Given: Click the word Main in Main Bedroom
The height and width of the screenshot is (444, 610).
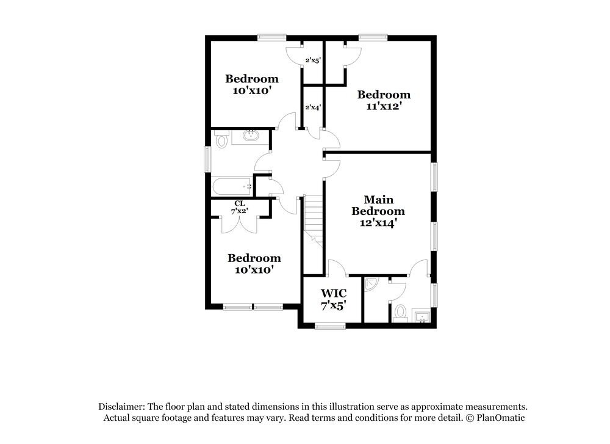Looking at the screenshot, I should [378, 200].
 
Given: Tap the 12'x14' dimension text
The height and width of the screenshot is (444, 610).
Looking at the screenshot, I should [378, 223].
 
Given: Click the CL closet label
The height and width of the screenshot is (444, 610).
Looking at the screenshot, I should [239, 203].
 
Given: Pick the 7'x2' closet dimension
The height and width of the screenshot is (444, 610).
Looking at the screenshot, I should [239, 211].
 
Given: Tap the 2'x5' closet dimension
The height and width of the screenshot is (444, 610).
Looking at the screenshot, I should [313, 60].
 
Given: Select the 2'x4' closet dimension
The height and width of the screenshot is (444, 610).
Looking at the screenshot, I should [313, 107].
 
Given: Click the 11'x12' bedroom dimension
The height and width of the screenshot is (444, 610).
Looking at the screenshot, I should [383, 106].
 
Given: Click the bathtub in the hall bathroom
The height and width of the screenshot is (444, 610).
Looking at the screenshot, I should [232, 185].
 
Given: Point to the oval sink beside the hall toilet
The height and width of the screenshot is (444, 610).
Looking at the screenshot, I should [251, 136].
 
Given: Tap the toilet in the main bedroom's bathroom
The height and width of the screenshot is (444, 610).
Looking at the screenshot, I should [400, 313].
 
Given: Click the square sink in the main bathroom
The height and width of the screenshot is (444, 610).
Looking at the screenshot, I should [422, 316].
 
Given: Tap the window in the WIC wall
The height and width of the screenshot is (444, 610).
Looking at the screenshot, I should [331, 327].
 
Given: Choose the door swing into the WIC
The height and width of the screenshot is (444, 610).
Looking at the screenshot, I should [337, 267].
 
